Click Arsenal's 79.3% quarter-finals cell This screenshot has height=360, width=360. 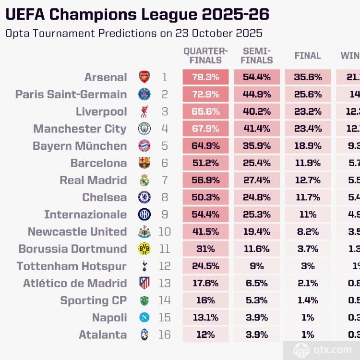point(205,77)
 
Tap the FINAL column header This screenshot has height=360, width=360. point(308,56)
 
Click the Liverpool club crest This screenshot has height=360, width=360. point(144,112)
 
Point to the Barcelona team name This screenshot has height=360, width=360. point(99,163)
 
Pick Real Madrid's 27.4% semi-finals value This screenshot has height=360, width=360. point(257,180)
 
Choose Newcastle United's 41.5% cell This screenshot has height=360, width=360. point(205,232)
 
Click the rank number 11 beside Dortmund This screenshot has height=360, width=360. point(165,249)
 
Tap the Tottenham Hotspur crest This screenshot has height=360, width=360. point(144,266)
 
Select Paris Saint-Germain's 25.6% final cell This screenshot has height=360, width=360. point(308,95)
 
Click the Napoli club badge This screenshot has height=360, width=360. point(144,318)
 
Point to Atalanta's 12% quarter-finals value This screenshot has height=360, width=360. point(205,335)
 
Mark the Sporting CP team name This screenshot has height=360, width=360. point(94,300)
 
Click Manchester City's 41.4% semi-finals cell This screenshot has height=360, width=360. point(257,129)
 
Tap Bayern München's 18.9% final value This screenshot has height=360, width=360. point(308,146)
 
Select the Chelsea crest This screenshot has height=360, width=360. point(144,198)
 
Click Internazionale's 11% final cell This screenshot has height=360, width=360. point(308,215)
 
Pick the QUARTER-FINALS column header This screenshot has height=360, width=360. point(205,56)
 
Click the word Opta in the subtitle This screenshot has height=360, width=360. point(16,34)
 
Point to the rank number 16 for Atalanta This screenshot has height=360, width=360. point(165,335)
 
